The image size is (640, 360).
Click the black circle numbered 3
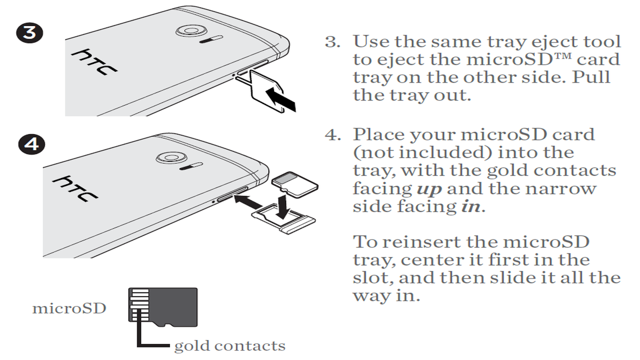pyautogui.click(x=30, y=32)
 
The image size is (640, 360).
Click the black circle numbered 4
pyautogui.click(x=31, y=144)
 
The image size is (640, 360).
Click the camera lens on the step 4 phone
pyautogui.click(x=170, y=157)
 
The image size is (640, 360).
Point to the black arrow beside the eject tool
pyautogui.click(x=281, y=99)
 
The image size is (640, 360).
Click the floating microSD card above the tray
pyautogui.click(x=295, y=184)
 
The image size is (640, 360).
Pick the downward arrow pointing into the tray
pyautogui.click(x=283, y=205)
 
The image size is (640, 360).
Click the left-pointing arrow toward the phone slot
pyautogui.click(x=248, y=201)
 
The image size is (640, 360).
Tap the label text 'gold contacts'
pyautogui.click(x=230, y=346)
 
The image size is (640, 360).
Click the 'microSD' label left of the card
pyautogui.click(x=69, y=308)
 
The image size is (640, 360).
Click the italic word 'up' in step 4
pyautogui.click(x=429, y=189)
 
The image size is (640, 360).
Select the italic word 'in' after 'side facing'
pyautogui.click(x=470, y=207)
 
